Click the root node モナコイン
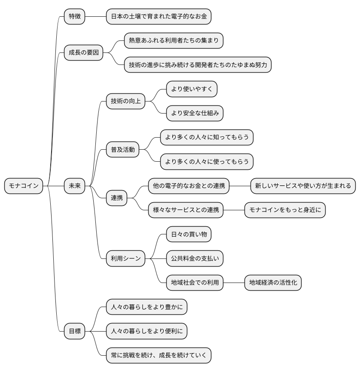tap(24, 186)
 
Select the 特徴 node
tap(74, 16)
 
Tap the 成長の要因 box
tap(83, 53)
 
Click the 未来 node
tap(74, 186)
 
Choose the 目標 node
tap(74, 331)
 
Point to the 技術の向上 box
tap(125, 101)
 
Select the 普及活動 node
tap(122, 150)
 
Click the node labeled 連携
tap(116, 198)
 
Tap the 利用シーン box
tap(125, 258)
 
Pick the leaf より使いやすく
tap(192, 89)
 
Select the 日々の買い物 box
tap(189, 234)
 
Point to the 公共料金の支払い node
tap(195, 258)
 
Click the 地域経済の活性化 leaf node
tap(273, 283)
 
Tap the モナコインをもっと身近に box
tap(285, 210)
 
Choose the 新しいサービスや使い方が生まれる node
tap(303, 186)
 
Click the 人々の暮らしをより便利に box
tap(146, 331)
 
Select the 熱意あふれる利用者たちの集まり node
tap(174, 41)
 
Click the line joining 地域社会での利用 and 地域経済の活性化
tap(234, 283)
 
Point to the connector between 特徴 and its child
tap(95, 16)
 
